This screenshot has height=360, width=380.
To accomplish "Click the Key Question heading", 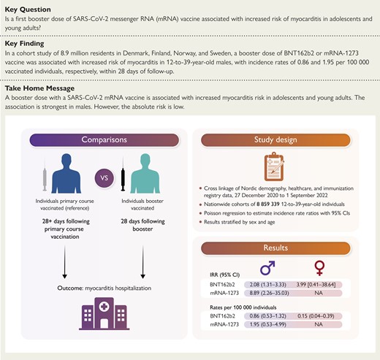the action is pos(28,9).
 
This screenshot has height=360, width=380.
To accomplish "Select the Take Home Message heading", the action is pos(39,88).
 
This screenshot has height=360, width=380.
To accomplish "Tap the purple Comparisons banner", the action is pos(104,139).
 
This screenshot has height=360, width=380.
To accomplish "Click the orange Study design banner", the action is pos(275,139).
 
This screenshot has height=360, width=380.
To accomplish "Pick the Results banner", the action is pos(275,248).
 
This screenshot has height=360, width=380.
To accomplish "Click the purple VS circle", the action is pos(104,178).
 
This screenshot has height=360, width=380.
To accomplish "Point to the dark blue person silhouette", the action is pos(66,173).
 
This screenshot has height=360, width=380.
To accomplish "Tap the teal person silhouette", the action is pos(145,173).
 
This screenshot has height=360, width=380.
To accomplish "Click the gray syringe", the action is pos(45,174).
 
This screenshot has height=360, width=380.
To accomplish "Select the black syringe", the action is pos(123,174).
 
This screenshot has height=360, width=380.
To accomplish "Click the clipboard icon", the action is pos(274,166).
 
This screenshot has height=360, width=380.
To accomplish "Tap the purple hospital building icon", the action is pos(104,313).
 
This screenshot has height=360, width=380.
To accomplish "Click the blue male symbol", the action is pos(267,268).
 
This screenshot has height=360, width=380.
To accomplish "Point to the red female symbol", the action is pos(319,268).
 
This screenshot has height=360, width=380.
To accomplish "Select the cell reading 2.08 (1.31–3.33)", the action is pos(268,285).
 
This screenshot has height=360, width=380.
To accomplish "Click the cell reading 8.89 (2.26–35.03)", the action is pos(269,293).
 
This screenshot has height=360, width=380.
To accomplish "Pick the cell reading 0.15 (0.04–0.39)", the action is pos(316,316).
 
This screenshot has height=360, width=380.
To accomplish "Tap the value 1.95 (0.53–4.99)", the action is pos(268,324).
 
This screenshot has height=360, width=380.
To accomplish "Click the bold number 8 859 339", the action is pos(268,204).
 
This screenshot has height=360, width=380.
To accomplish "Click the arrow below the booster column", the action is pos(143,262).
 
